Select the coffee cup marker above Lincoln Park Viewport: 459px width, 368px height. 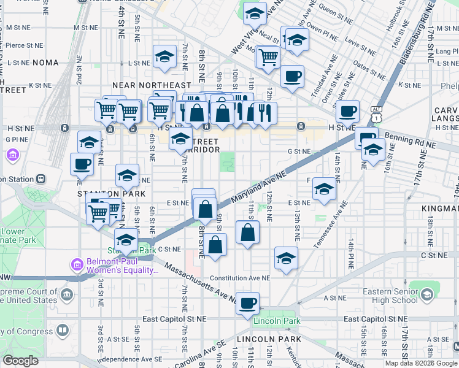(248, 303)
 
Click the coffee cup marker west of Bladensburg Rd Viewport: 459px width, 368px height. (349, 112)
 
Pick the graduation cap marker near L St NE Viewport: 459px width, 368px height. (164, 57)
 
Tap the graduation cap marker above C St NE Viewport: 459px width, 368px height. (285, 258)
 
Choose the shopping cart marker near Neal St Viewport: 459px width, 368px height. (268, 57)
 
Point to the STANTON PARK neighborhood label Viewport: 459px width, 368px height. (102, 194)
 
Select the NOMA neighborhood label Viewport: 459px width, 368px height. (45, 63)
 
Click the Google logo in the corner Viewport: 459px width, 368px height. (20, 360)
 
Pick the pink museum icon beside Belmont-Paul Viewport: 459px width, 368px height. (77, 265)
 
